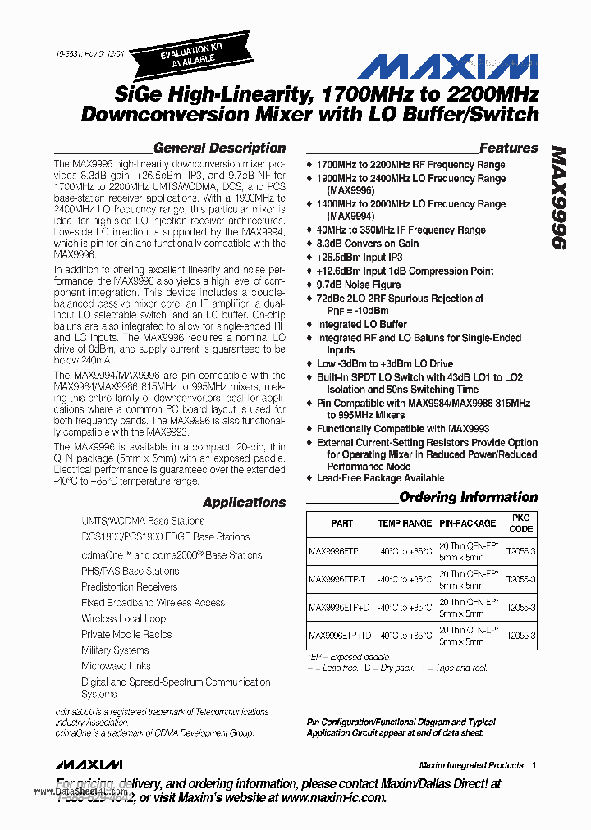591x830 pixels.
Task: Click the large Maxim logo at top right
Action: click(449, 68)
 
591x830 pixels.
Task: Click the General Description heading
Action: click(219, 148)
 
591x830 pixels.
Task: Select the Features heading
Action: click(508, 148)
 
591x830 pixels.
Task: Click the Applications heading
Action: click(244, 502)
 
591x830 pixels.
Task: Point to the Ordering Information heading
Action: click(468, 497)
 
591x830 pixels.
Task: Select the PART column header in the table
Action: click(342, 523)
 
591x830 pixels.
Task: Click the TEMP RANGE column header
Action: click(404, 523)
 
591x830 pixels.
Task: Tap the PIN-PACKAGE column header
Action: click(467, 523)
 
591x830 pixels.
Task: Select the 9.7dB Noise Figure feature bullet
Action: click(359, 285)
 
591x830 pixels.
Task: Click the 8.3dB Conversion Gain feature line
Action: click(367, 244)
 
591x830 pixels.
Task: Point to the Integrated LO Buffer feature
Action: click(361, 324)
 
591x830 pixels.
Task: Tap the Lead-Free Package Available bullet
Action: click(380, 478)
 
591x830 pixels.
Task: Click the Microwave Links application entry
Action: click(116, 666)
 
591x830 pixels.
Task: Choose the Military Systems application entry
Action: click(115, 650)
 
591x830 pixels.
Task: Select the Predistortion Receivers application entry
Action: click(129, 586)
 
